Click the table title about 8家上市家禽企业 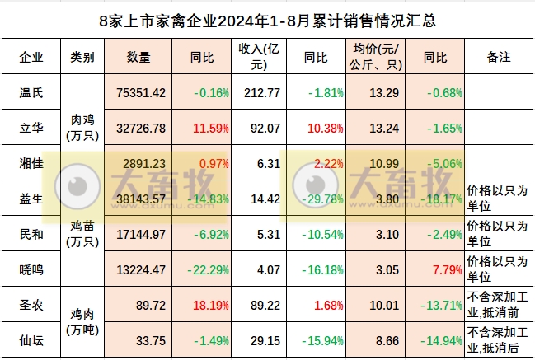[x=267, y=20]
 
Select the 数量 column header [x=138, y=58]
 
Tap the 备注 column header [x=499, y=58]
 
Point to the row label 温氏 [x=31, y=92]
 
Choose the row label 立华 [x=31, y=128]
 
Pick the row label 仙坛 [x=31, y=339]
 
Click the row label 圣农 [x=31, y=304]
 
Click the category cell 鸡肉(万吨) [x=82, y=322]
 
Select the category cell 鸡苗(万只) [x=82, y=234]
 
